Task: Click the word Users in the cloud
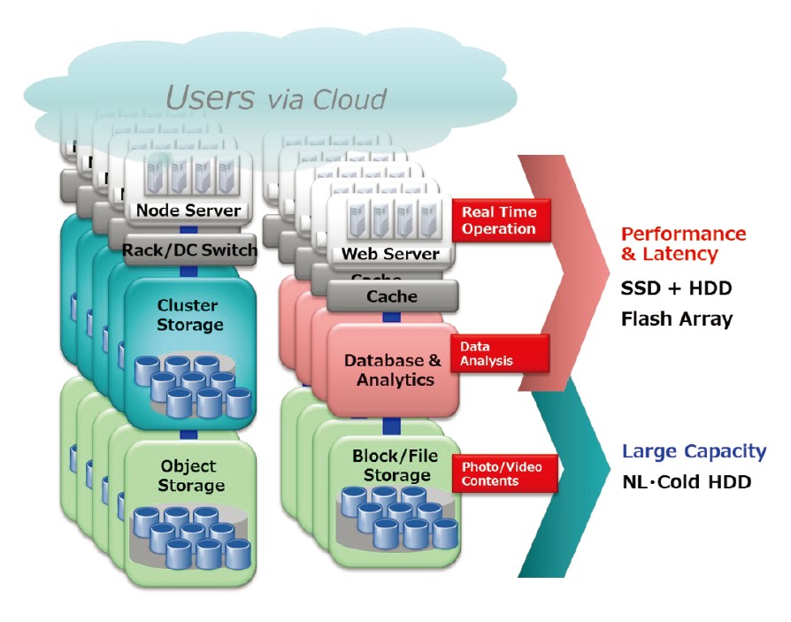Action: pos(210,96)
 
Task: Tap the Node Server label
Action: pos(188,211)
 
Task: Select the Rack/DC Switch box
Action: pos(188,250)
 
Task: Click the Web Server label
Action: pos(390,254)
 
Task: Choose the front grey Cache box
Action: pos(392,296)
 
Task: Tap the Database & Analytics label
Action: pos(392,370)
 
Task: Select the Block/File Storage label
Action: pos(391,465)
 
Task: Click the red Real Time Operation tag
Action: pos(500,220)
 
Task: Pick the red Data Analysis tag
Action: pos(499,353)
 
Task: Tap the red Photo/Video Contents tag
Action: pos(503,473)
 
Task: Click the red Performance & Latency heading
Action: pos(682,243)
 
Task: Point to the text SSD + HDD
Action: pos(676,288)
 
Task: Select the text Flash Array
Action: pos(677,319)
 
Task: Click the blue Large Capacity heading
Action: pos(694,451)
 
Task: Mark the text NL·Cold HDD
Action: pos(687,482)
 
